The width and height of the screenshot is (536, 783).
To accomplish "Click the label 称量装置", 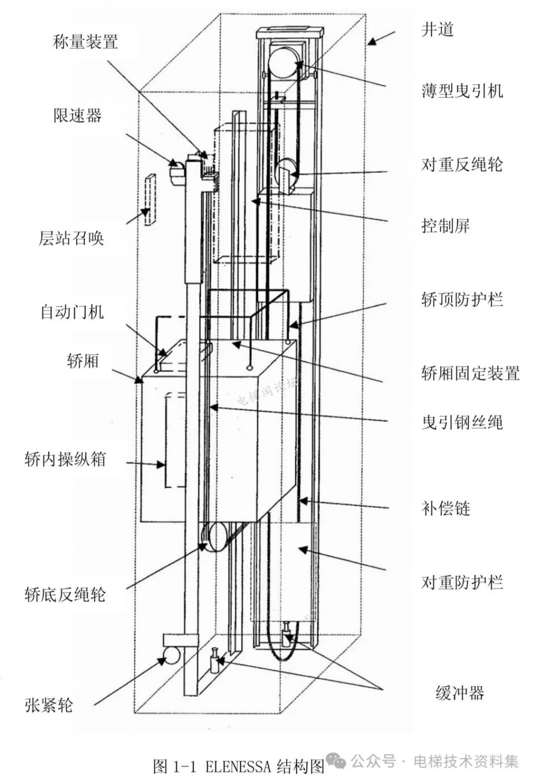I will pyautogui.click(x=85, y=42).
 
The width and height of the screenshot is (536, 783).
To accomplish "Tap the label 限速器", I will pyautogui.click(x=77, y=116).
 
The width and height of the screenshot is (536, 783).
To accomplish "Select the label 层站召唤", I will pyautogui.click(x=71, y=238).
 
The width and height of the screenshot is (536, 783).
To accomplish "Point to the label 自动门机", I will pyautogui.click(x=72, y=312).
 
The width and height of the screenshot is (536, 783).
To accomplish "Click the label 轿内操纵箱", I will pyautogui.click(x=65, y=459).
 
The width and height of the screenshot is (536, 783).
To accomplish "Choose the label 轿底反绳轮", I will pyautogui.click(x=65, y=595).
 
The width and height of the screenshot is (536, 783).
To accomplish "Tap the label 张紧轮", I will pyautogui.click(x=49, y=705).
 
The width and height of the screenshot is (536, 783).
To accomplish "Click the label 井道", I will pyautogui.click(x=438, y=30).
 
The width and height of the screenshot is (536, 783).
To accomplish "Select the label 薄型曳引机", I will pyautogui.click(x=462, y=91).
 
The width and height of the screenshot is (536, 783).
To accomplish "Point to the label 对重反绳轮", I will pyautogui.click(x=462, y=164).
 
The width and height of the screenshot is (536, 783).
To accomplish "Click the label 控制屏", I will pyautogui.click(x=445, y=226).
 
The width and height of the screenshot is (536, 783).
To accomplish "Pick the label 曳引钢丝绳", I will pyautogui.click(x=462, y=422).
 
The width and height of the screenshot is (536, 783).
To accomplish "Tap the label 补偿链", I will pyautogui.click(x=445, y=508).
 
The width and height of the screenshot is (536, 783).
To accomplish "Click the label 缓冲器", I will pyautogui.click(x=460, y=693).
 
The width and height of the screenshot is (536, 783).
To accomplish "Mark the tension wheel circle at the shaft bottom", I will pyautogui.click(x=171, y=655).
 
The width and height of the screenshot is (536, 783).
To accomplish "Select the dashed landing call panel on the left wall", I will pyautogui.click(x=150, y=200).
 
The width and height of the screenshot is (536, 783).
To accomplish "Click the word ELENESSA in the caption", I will pyautogui.click(x=238, y=767).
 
